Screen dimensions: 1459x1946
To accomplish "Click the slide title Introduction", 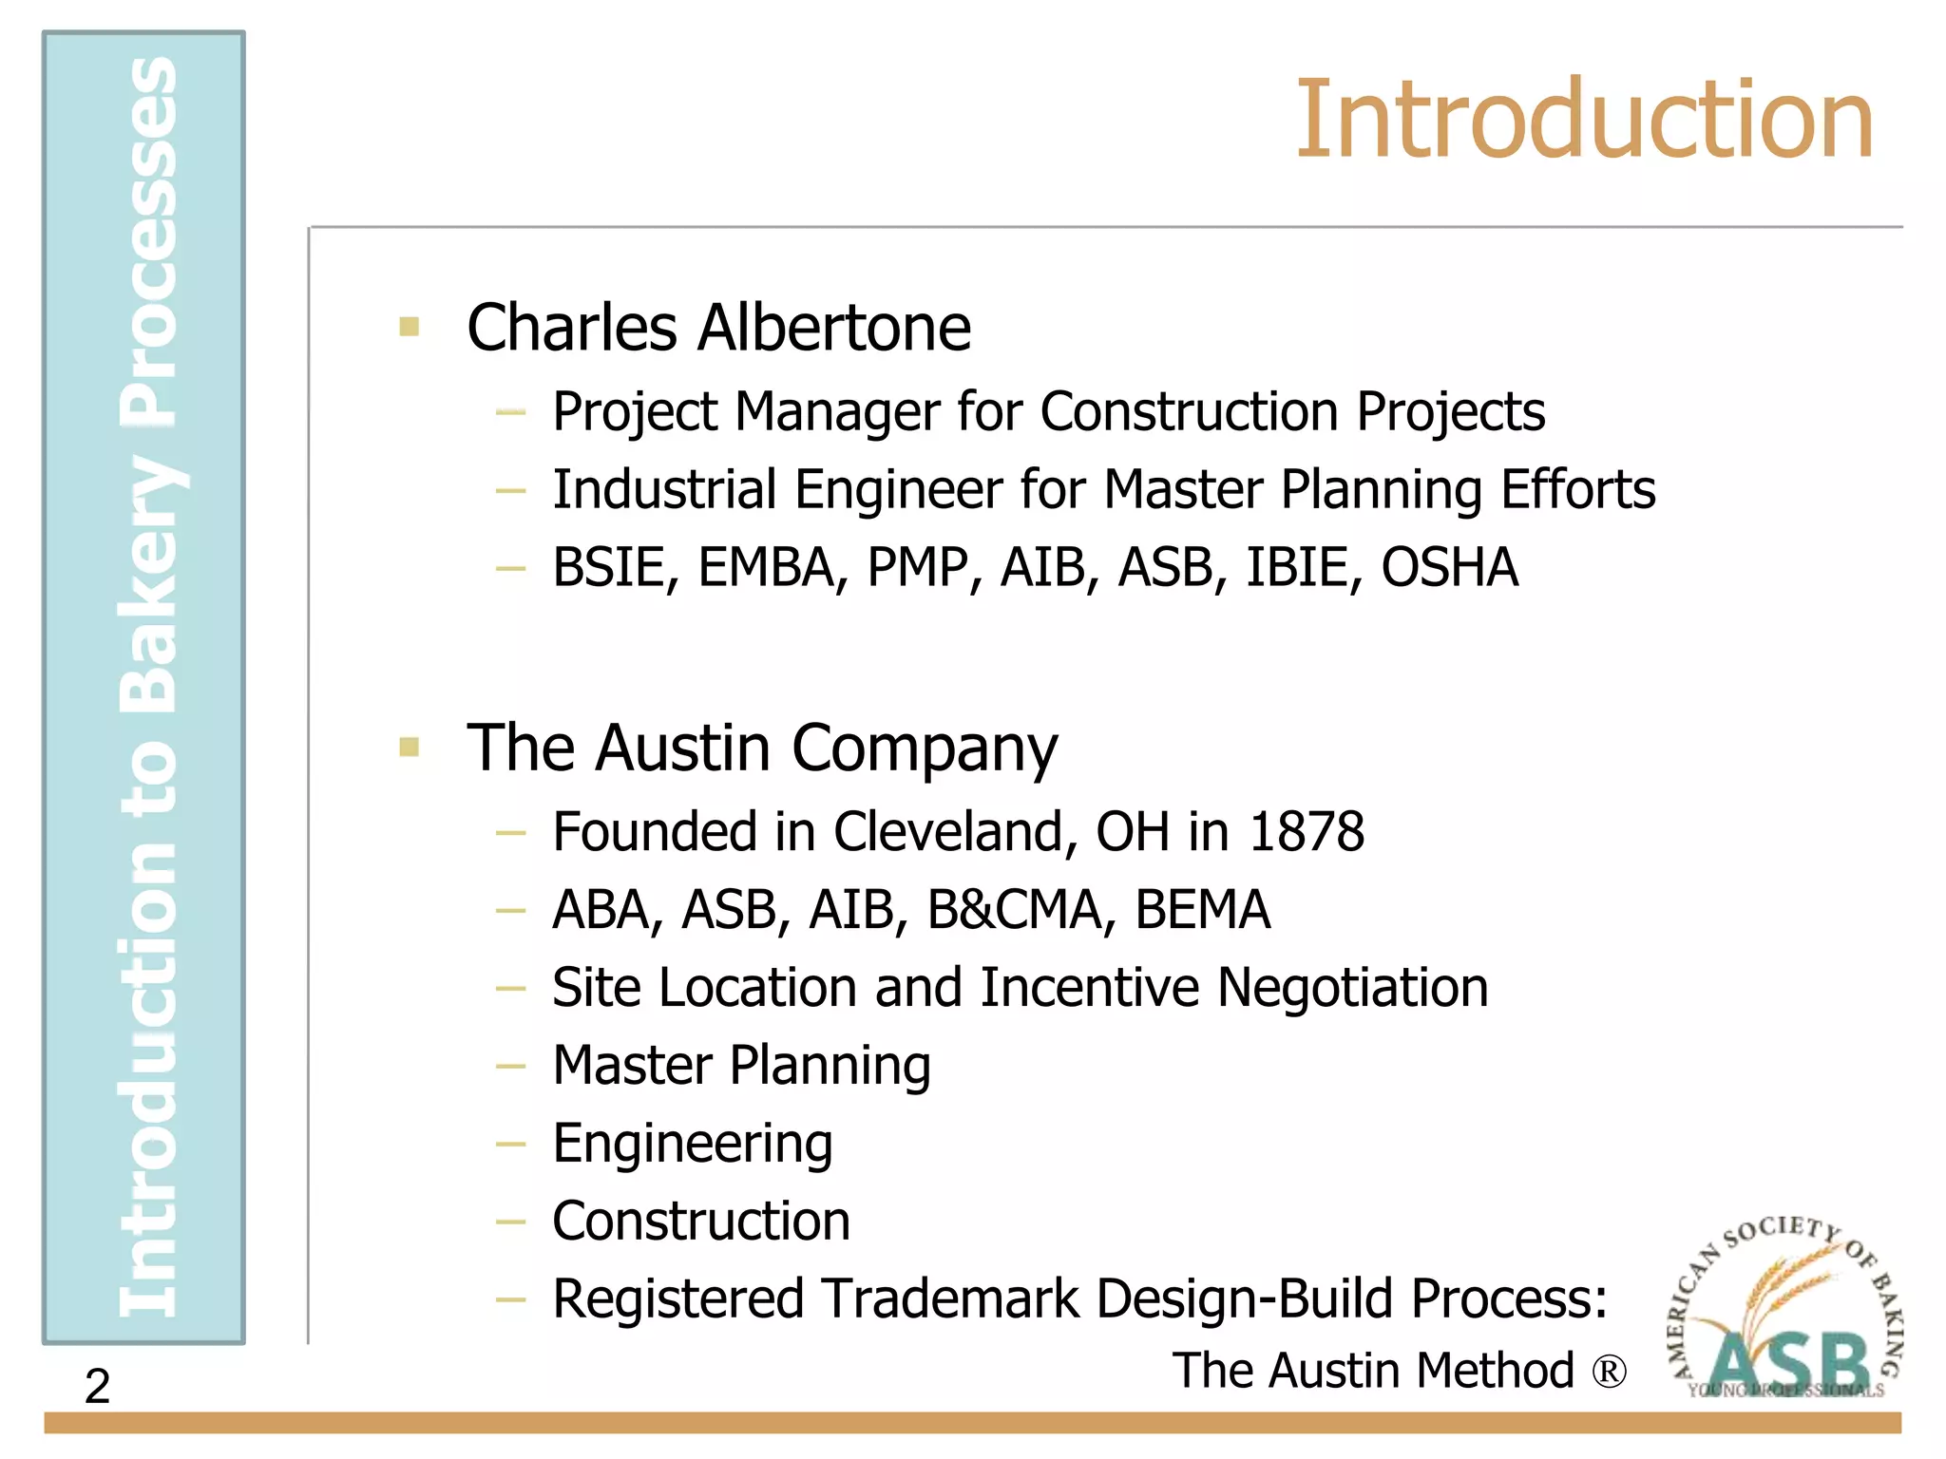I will coord(1584,121).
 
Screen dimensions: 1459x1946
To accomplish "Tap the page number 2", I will coord(97,1386).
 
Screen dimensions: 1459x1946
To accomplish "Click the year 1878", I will coord(1306,832).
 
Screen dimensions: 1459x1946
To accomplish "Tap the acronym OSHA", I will coord(1449,567).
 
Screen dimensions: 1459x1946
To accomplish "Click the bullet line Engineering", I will coord(693,1144).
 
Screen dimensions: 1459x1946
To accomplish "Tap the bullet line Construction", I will coord(701,1222).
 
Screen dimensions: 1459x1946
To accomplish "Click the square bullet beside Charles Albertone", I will coord(410,328).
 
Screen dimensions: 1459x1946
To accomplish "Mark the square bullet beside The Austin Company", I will coord(410,748).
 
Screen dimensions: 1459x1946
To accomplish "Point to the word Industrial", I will coord(664,490).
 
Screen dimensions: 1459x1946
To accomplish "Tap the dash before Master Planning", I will coord(510,1066).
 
